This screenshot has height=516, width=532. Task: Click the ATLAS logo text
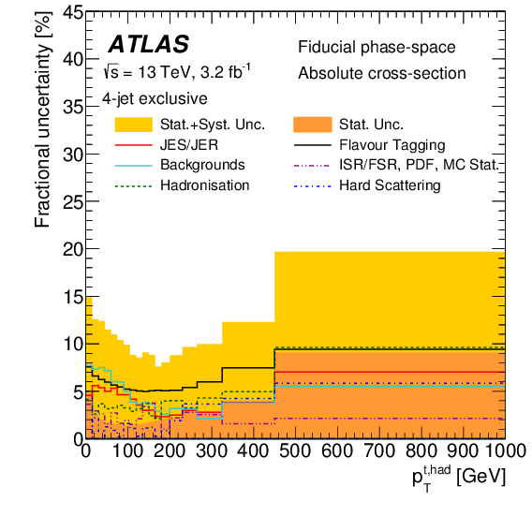(x=148, y=44)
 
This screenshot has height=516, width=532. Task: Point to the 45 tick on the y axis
(x=68, y=12)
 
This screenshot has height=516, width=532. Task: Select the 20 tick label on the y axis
(x=68, y=249)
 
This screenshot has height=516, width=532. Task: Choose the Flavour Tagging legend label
(x=392, y=145)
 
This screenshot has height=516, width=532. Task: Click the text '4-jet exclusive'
(x=155, y=97)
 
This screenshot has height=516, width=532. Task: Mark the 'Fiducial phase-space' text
(x=365, y=48)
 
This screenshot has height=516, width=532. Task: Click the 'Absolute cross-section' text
(x=382, y=73)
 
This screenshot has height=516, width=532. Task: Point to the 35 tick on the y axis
(x=68, y=107)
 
